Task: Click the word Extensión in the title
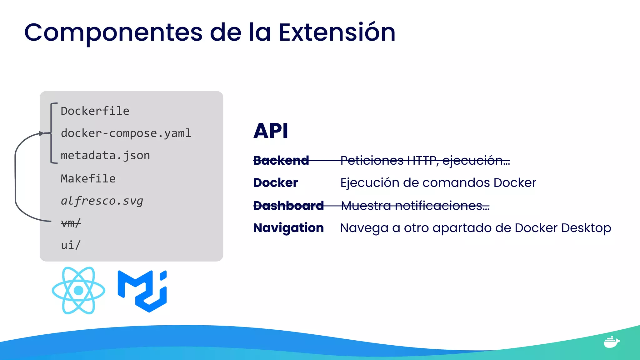coord(337,32)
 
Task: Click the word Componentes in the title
coord(113,32)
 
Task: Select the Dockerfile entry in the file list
coord(95,111)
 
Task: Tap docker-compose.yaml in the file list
coord(126,133)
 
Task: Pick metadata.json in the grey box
coord(105,156)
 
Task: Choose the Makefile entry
coord(88,179)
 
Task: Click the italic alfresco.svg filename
coord(102,201)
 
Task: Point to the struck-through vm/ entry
coord(71,223)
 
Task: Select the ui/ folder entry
coord(71,245)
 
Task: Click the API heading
coord(271,131)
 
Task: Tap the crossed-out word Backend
coord(281,161)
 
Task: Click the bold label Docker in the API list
coord(275,183)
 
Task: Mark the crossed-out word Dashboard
coord(288,206)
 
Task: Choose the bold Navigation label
coord(288,228)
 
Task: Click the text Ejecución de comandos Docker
coord(438,183)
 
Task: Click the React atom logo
coord(78,290)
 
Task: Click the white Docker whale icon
coord(611,342)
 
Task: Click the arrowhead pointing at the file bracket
coord(42,133)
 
